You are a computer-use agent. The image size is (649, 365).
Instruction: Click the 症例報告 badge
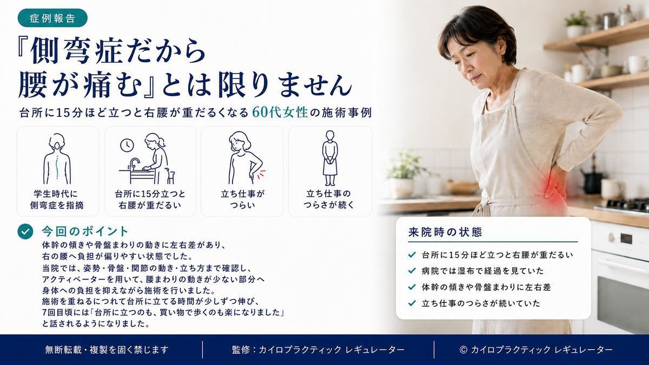pyautogui.click(x=52, y=18)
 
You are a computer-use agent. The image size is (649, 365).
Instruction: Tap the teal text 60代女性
pyautogui.click(x=280, y=112)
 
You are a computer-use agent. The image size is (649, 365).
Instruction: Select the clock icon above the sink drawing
pyautogui.click(x=127, y=145)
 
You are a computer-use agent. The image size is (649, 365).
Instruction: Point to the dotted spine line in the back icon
pyautogui.click(x=57, y=167)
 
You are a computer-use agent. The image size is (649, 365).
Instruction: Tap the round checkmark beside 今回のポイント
pyautogui.click(x=25, y=231)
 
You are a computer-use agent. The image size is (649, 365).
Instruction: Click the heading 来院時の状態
pyautogui.click(x=445, y=232)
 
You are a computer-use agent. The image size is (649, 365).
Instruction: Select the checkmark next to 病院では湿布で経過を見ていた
pyautogui.click(x=412, y=271)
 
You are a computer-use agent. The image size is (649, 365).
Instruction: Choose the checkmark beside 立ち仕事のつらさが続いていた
pyautogui.click(x=412, y=303)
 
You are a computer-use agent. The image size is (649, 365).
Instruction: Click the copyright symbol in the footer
pyautogui.click(x=463, y=350)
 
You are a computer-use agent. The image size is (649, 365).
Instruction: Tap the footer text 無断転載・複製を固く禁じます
pyautogui.click(x=107, y=350)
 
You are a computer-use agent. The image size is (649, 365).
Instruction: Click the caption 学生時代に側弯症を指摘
pyautogui.click(x=57, y=200)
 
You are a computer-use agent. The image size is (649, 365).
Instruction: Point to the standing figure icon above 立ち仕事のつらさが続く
pyautogui.click(x=330, y=158)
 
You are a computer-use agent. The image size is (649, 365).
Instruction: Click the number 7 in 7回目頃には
pyautogui.click(x=44, y=313)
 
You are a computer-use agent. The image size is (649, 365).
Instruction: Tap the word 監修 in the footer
pyautogui.click(x=241, y=350)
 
